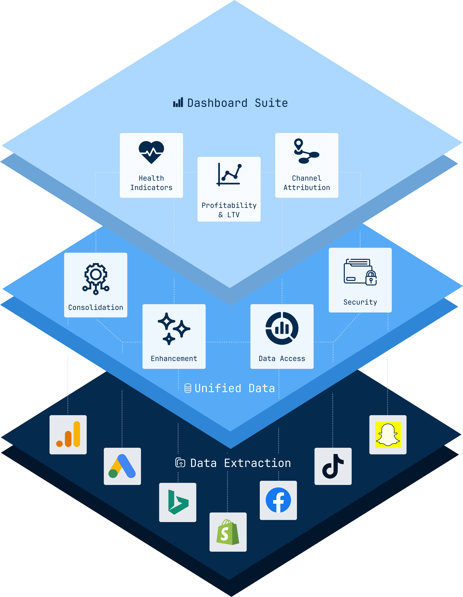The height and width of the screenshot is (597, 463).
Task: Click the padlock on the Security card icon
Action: (371, 278)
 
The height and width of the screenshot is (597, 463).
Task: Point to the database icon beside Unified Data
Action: (188, 388)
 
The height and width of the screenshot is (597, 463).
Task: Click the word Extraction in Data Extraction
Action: (257, 463)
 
